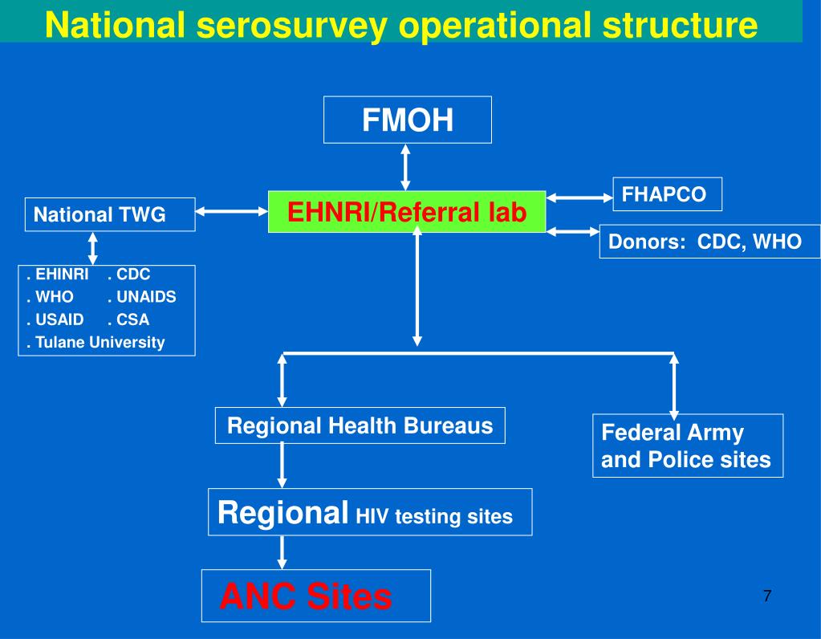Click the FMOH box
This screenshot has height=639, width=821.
point(407,120)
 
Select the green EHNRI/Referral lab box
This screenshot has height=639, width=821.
point(407,211)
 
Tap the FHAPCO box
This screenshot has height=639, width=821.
point(667,194)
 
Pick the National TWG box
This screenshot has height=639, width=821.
point(109,214)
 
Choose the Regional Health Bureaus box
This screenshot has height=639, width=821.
point(360,425)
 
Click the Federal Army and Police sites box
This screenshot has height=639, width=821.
point(687,446)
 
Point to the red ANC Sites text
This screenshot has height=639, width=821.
point(306,596)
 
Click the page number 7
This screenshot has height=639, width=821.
point(767,596)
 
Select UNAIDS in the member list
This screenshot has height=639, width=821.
point(145,297)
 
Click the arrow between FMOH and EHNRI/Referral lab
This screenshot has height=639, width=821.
point(406,167)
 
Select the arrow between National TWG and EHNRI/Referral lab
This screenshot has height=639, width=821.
point(231,212)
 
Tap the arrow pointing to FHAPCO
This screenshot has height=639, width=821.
point(579,197)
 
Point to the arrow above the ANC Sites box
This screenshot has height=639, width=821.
point(282,551)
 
